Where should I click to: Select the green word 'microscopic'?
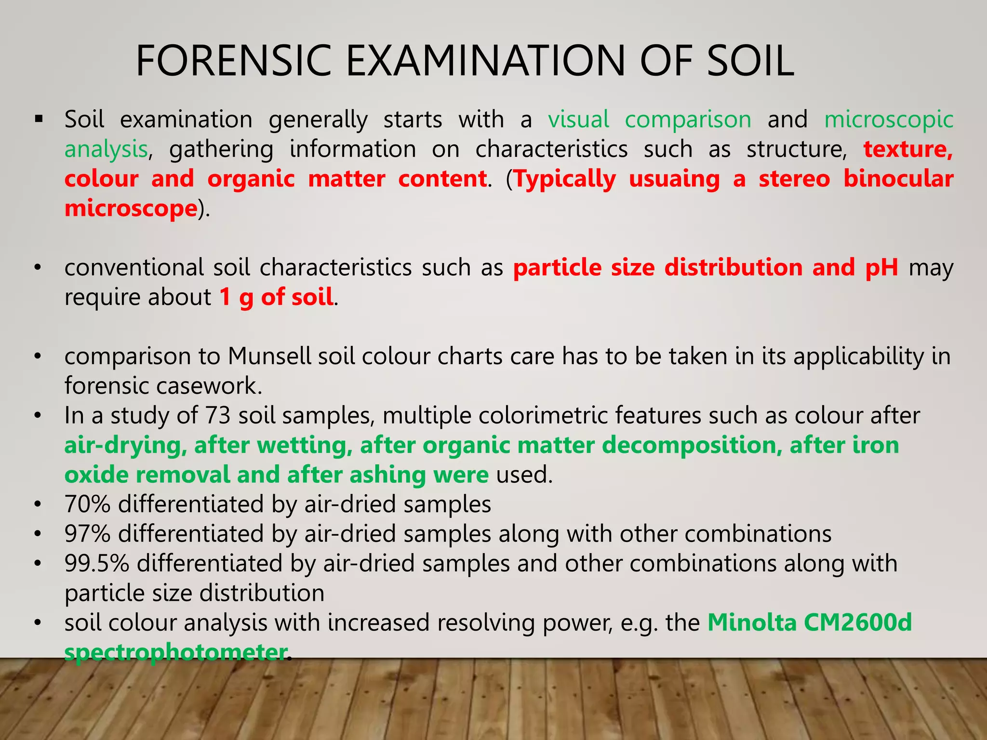pyautogui.click(x=889, y=120)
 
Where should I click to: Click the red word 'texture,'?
pyautogui.click(x=908, y=149)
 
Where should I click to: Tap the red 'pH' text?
pyautogui.click(x=881, y=267)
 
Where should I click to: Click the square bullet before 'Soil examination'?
pyautogui.click(x=39, y=119)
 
